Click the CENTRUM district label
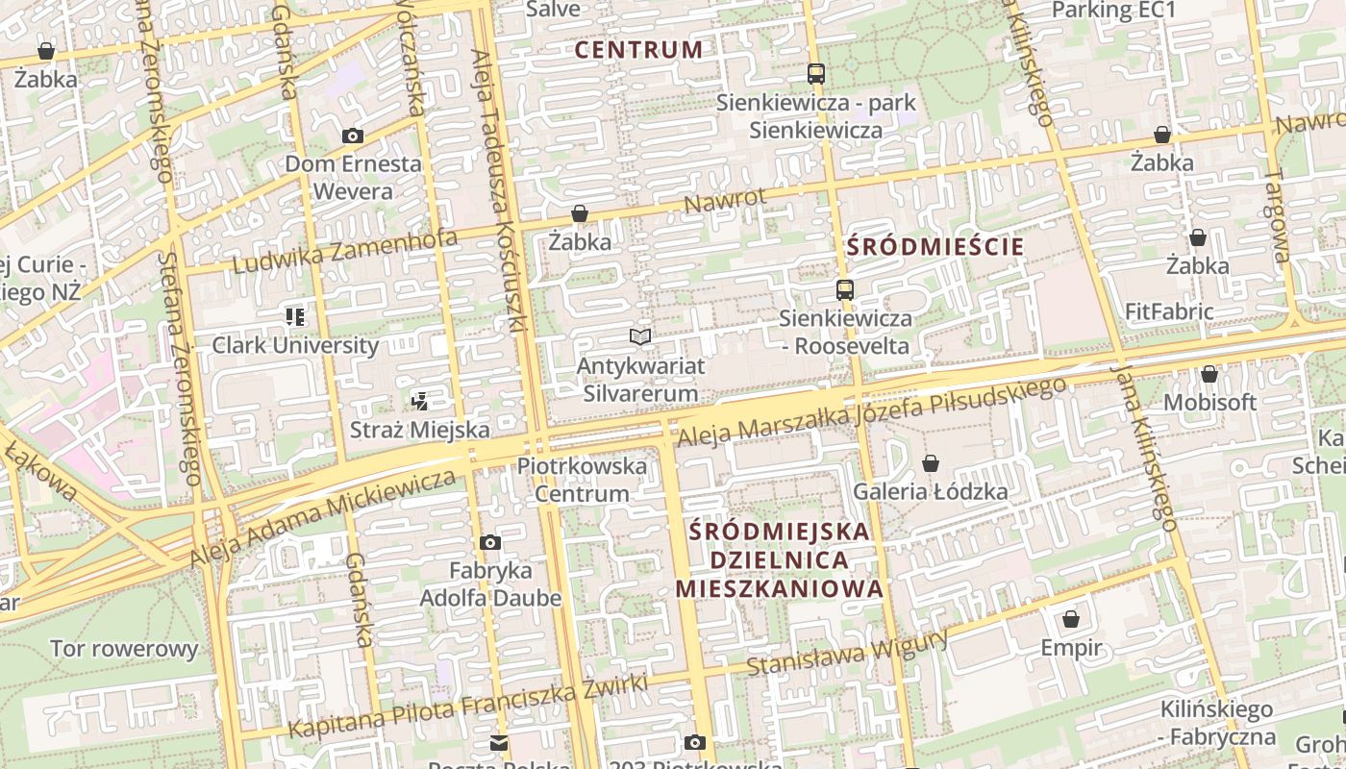639,50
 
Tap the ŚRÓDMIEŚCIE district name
935,247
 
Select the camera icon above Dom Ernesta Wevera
353,136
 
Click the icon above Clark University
295,316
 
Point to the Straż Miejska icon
419,401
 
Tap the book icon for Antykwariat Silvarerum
640,336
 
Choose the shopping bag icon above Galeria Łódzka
931,464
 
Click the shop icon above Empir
1071,619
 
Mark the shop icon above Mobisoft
1209,374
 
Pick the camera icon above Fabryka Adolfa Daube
490,543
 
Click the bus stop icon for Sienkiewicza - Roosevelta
845,289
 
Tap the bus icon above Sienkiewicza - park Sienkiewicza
816,73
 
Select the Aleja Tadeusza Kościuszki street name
498,192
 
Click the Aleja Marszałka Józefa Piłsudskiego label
872,411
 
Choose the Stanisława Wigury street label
847,653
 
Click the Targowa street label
1279,216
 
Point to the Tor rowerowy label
124,649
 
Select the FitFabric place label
1169,311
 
